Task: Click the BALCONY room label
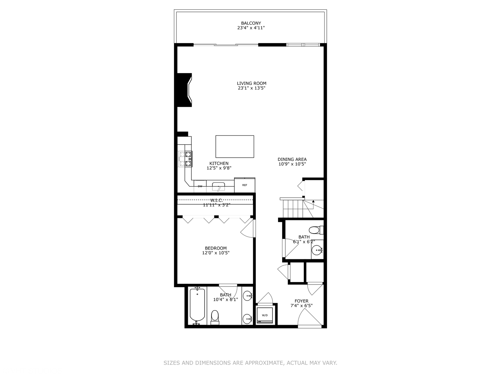point(251,23)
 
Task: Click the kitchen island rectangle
point(234,147)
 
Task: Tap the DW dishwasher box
point(200,186)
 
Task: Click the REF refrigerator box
point(245,185)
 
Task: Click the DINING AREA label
point(292,159)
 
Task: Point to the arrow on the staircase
point(313,202)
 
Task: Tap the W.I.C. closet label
point(216,200)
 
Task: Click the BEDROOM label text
point(216,248)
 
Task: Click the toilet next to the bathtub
point(215,317)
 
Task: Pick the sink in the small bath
point(317,250)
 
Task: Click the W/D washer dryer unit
point(265,315)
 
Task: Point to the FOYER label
point(301,301)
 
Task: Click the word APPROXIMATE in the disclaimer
point(264,363)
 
